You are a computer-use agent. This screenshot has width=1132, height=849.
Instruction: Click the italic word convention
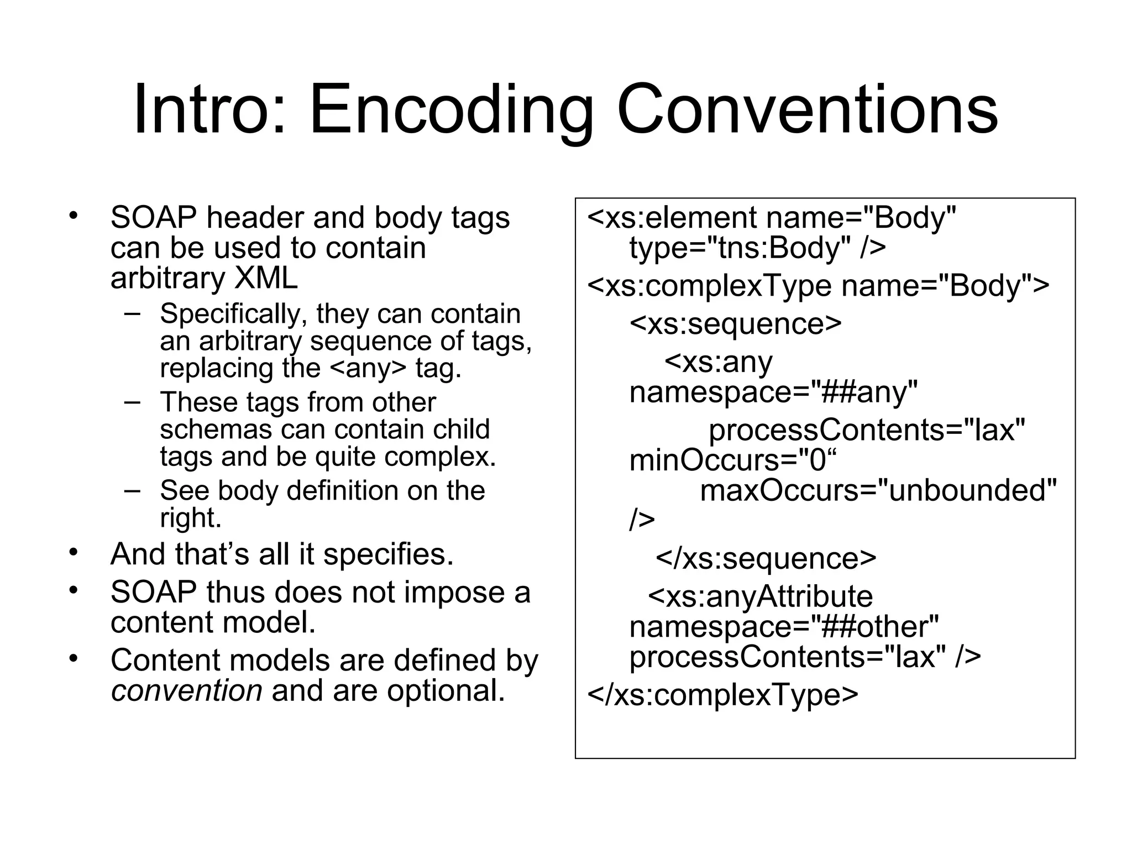186,691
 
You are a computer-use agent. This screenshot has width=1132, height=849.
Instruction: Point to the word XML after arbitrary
266,278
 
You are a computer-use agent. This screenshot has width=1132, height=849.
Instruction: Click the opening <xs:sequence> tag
735,323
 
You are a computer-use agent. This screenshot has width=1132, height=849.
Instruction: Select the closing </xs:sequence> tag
766,558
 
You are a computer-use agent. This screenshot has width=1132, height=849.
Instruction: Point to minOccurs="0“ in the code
733,460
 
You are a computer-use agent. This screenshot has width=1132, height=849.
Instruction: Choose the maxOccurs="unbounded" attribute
878,490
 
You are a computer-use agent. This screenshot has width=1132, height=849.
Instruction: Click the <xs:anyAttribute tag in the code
760,596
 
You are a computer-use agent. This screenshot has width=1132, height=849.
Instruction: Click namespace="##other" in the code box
784,627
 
